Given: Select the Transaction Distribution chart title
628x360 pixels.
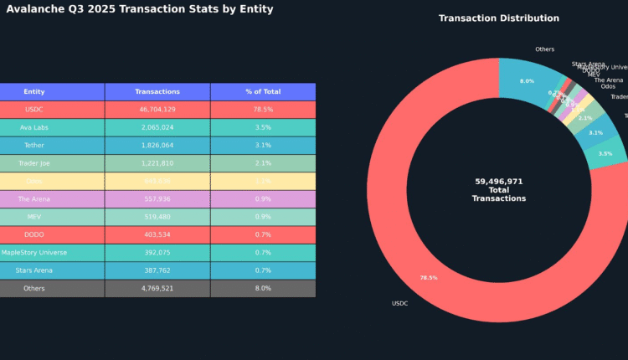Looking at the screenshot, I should [x=498, y=18].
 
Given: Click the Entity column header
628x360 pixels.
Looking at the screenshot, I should [x=34, y=92].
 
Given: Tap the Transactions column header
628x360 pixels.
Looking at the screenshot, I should [x=157, y=92].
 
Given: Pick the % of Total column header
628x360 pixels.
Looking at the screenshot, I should [x=263, y=92].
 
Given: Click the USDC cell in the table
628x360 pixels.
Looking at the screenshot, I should [x=34, y=110].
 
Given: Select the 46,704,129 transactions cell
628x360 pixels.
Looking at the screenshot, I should [x=157, y=110].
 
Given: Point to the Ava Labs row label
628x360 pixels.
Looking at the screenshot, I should [x=34, y=128].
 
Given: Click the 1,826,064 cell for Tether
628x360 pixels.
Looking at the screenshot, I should [x=157, y=146].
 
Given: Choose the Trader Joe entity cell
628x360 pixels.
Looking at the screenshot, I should [x=34, y=163].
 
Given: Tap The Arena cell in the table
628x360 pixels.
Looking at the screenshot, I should [x=34, y=199].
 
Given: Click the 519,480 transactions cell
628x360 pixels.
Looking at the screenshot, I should [x=157, y=217].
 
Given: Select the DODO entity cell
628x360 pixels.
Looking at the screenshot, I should [x=34, y=234].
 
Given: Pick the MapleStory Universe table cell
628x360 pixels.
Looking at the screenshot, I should [x=34, y=253].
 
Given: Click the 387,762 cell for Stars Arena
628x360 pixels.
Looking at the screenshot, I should [x=157, y=270].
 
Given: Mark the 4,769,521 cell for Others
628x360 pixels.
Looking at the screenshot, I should [x=157, y=288].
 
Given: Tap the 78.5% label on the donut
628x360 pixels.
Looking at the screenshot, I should [x=428, y=278].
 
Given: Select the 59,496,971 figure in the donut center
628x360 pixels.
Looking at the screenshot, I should [x=498, y=181].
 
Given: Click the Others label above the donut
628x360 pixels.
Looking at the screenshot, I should [x=544, y=49].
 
